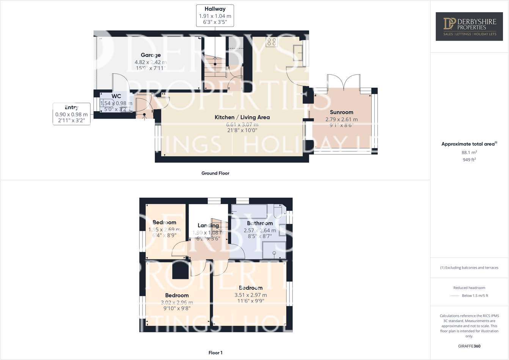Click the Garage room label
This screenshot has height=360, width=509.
click(151, 55)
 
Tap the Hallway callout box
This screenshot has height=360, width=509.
click(215, 16)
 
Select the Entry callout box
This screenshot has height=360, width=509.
click(71, 114)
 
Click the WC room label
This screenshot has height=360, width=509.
click(116, 96)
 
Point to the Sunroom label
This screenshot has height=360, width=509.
click(341, 112)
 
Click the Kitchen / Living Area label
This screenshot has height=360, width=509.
click(242, 118)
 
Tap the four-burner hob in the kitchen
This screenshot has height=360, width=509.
click(272, 42)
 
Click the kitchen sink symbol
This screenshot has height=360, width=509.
click(298, 53)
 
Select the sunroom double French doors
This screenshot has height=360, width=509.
click(344, 82)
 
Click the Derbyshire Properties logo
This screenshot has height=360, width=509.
click(469, 27)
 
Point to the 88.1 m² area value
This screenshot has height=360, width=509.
click(469, 152)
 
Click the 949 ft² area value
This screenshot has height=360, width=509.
click(469, 160)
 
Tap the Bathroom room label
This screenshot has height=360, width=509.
click(260, 223)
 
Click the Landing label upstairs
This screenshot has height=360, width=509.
click(208, 226)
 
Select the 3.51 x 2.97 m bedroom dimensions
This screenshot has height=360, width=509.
click(250, 295)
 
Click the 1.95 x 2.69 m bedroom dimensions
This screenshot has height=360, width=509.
click(164, 230)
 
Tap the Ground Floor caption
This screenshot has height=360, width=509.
click(215, 173)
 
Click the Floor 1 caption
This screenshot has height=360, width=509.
click(215, 353)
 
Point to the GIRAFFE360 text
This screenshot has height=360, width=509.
click(469, 346)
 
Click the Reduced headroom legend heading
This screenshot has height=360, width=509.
click(469, 288)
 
